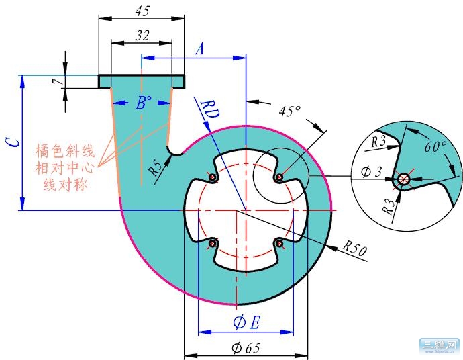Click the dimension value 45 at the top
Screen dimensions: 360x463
coord(142,11)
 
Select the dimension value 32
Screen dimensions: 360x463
coord(142,36)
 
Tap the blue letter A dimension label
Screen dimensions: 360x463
coord(199,49)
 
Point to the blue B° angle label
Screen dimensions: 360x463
coord(142,103)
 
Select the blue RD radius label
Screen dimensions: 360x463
coord(205,109)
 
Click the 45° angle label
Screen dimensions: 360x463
coord(289,111)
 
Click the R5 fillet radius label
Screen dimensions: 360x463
coord(156,168)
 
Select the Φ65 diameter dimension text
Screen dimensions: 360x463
coord(245,348)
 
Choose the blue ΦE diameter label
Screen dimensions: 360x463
coord(246,323)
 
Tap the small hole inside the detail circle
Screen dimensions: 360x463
coord(403,179)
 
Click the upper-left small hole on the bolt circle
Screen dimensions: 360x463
coord(212,178)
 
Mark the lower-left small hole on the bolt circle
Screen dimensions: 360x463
coord(213,242)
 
